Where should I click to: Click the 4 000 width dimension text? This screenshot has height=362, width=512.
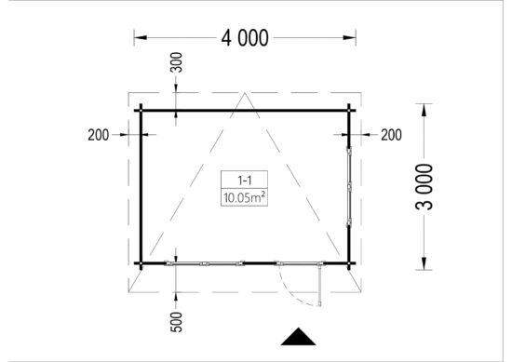245,38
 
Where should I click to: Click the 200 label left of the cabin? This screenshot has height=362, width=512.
99,135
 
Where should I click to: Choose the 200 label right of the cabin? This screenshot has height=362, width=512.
391,135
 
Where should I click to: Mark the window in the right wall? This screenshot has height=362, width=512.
348,185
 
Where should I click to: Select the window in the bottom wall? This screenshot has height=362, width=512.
205,262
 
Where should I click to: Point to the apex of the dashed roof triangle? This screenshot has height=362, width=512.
244,93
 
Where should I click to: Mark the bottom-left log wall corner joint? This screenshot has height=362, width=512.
141,262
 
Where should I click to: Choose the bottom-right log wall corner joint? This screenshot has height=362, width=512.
348,262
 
